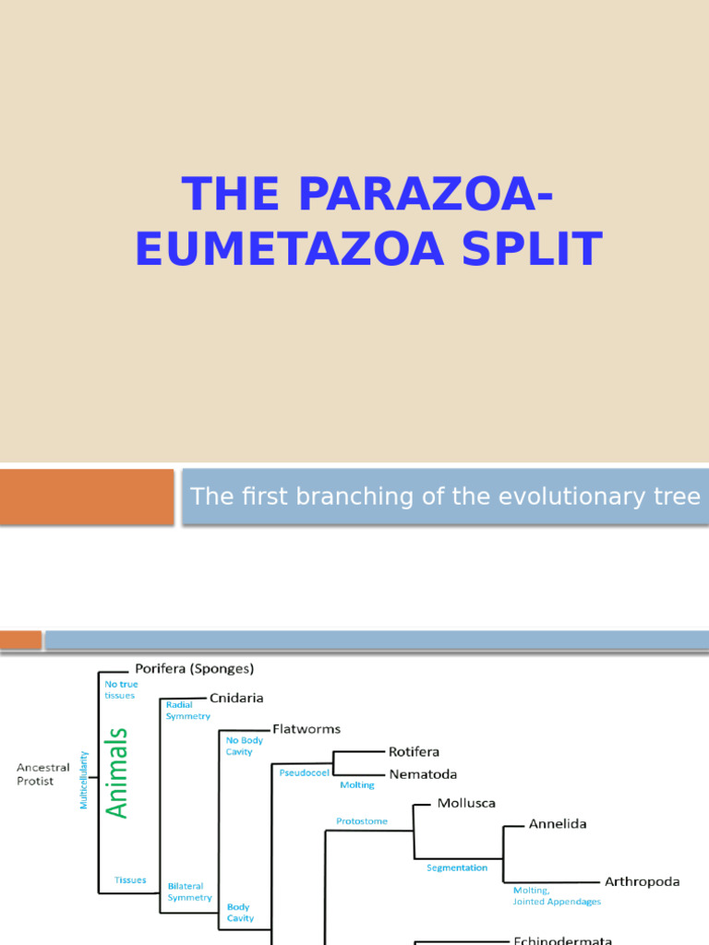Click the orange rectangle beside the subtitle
click(x=87, y=496)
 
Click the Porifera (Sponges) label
click(x=194, y=668)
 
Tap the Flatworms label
click(x=306, y=729)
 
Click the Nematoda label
click(x=422, y=774)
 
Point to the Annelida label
click(x=557, y=824)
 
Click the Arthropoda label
click(x=642, y=881)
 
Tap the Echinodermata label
click(x=562, y=940)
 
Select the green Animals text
click(x=117, y=773)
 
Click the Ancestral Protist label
click(x=42, y=774)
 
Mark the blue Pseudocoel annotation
click(x=304, y=772)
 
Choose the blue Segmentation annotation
click(x=457, y=868)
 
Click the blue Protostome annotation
click(x=362, y=820)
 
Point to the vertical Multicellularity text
click(x=84, y=780)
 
